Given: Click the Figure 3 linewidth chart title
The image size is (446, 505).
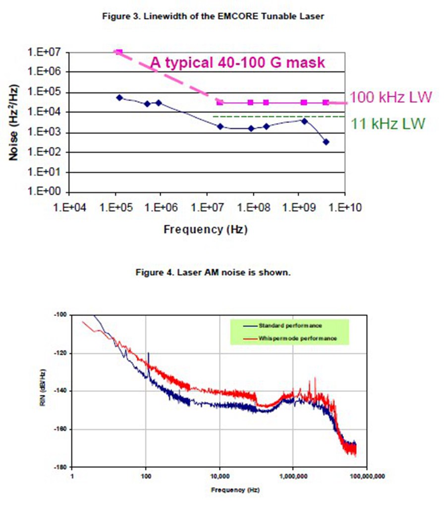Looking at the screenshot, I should (x=213, y=16).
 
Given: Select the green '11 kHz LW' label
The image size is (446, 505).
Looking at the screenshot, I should (x=388, y=124).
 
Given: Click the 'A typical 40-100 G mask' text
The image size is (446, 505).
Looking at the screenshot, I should (x=238, y=63).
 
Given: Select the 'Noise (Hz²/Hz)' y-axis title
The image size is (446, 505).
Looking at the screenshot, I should (x=15, y=121).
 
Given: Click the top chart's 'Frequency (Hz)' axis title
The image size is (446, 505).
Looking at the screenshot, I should (x=205, y=229).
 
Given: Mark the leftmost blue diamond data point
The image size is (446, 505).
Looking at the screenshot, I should (x=119, y=98).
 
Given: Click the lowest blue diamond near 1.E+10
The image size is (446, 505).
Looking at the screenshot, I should (x=326, y=142).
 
